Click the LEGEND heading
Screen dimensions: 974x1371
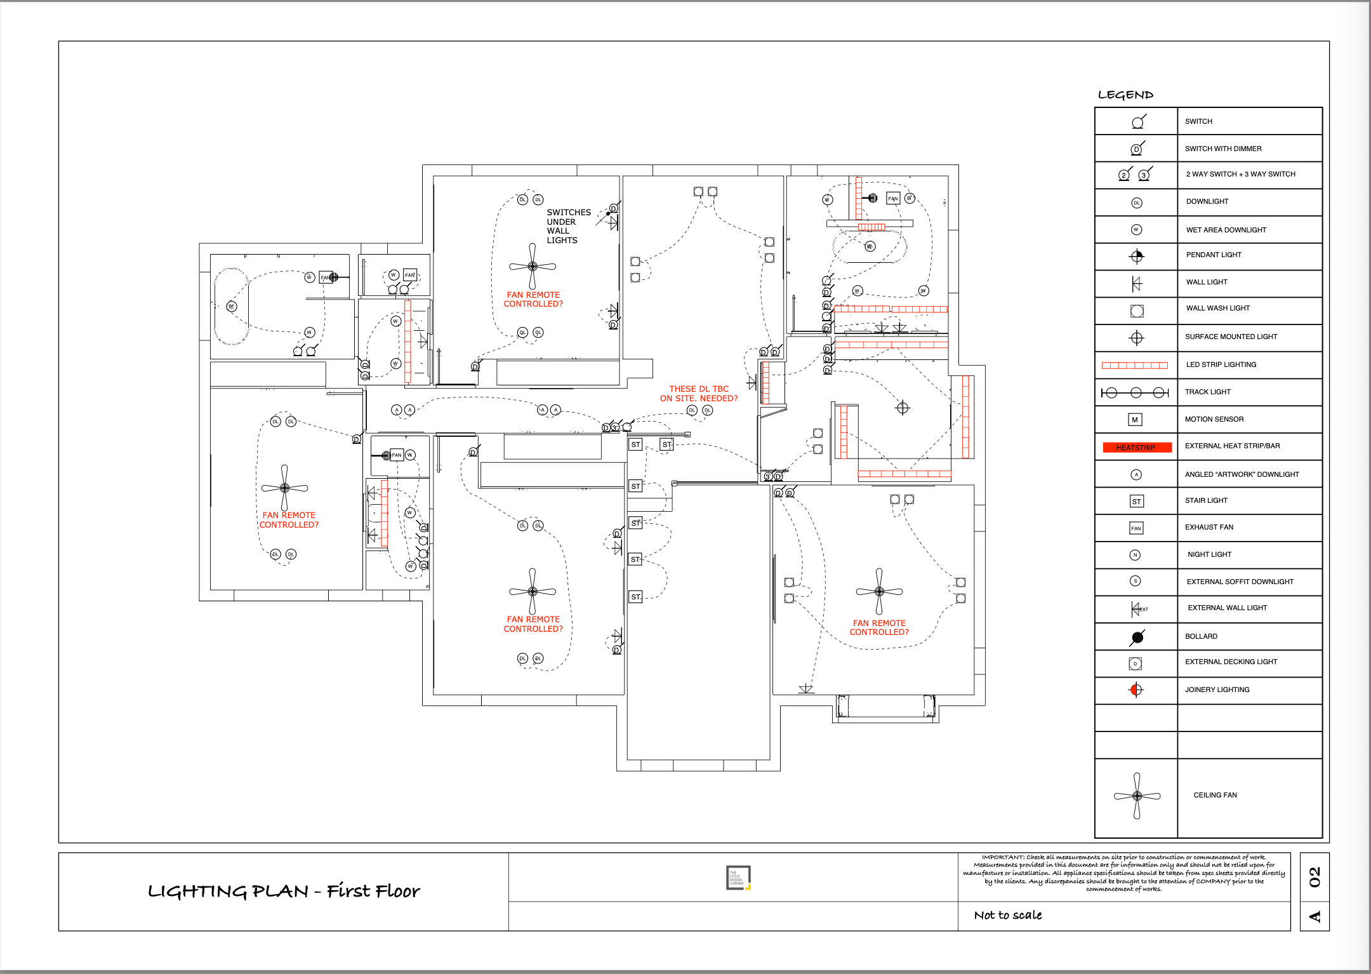click(1125, 95)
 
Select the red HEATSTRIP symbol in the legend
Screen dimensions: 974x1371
click(1136, 448)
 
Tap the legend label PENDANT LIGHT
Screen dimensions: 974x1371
click(1213, 255)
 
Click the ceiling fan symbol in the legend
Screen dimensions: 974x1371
click(1137, 796)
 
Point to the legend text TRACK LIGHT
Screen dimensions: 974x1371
click(1207, 392)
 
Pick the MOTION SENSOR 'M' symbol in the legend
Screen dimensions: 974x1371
click(1135, 420)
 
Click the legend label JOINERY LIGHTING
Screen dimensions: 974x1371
click(1217, 690)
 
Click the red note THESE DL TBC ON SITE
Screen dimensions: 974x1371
click(698, 394)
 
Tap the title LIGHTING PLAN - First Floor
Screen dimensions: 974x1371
click(283, 891)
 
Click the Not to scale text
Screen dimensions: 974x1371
click(1007, 915)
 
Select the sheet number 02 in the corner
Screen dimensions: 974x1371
click(1314, 877)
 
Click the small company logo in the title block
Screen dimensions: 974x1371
click(738, 877)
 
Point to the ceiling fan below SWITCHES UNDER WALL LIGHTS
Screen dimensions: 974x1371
click(533, 267)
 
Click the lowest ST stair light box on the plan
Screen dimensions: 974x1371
click(635, 597)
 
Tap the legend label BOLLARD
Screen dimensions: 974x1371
click(1201, 636)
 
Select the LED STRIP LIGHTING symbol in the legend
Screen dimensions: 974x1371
click(1134, 365)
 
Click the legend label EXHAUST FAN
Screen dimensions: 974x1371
click(1209, 527)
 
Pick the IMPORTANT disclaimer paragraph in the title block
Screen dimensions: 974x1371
click(1123, 872)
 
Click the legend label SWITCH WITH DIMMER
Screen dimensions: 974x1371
click(1222, 149)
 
